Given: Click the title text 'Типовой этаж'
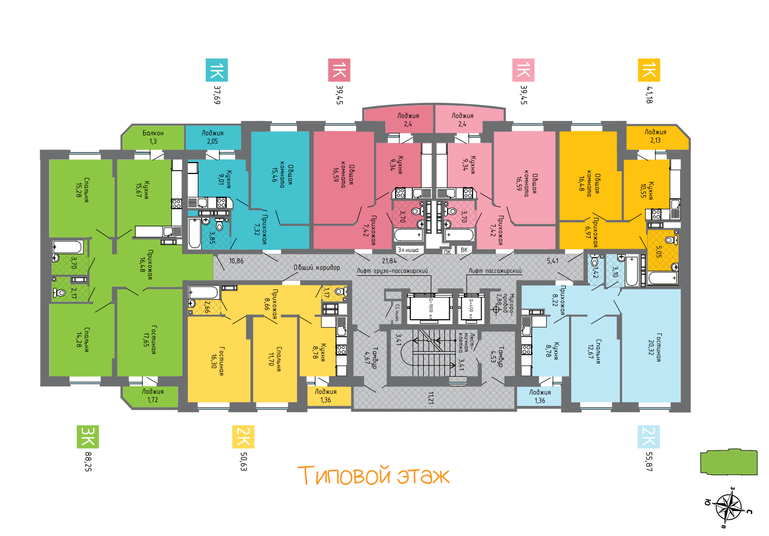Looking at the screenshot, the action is tap(373, 475).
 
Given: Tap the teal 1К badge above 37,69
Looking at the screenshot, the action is tap(216, 70).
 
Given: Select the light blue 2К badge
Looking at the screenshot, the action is tap(649, 437).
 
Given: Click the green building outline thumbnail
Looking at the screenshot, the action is tap(728, 462).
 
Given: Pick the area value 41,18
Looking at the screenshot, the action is tap(649, 94).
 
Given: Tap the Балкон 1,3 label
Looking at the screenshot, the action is tap(153, 137).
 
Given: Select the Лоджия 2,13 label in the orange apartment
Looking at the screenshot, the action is tap(655, 136).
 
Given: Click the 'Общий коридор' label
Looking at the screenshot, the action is tap(316, 267).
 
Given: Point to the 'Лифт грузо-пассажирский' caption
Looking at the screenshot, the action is tap(392, 270).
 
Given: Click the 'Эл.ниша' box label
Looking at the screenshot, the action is tap(408, 250).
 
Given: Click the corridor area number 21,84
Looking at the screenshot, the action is tap(389, 261).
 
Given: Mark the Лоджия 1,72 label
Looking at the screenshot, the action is tap(153, 396).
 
